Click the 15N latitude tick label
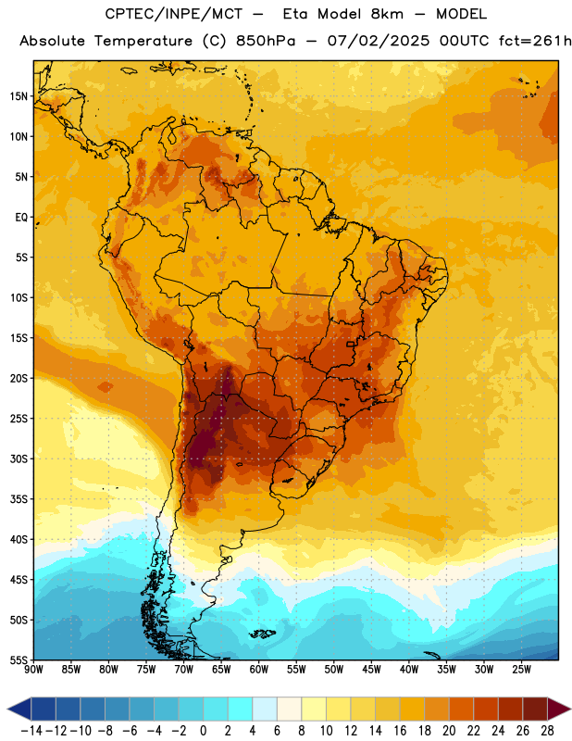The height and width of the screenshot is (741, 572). click(x=19, y=96)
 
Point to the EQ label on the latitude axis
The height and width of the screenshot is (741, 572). click(x=21, y=218)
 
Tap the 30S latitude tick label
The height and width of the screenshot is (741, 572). click(x=19, y=458)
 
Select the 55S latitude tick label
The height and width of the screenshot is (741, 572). click(x=19, y=659)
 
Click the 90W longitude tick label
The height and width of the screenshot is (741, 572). click(x=33, y=670)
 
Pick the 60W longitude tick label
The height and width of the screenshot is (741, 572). click(x=259, y=670)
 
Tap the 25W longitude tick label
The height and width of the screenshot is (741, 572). click(x=521, y=670)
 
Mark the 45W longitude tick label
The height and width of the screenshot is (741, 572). click(x=371, y=670)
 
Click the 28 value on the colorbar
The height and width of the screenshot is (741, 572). click(x=547, y=731)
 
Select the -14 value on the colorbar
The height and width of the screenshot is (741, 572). click(x=31, y=731)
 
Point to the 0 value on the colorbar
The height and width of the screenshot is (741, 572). click(x=204, y=731)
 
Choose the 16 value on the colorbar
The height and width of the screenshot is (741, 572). click(x=400, y=731)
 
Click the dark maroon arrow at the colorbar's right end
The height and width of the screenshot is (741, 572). click(x=559, y=709)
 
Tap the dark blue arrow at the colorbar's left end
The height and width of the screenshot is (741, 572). click(x=19, y=709)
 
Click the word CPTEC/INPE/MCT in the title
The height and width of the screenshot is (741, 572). click(x=173, y=14)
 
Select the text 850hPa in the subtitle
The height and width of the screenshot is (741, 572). click(x=266, y=41)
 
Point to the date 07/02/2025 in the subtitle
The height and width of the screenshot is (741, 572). click(x=379, y=41)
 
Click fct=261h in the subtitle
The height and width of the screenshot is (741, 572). click(x=535, y=41)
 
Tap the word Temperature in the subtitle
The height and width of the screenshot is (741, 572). click(x=143, y=42)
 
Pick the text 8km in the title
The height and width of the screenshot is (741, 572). click(x=387, y=14)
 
